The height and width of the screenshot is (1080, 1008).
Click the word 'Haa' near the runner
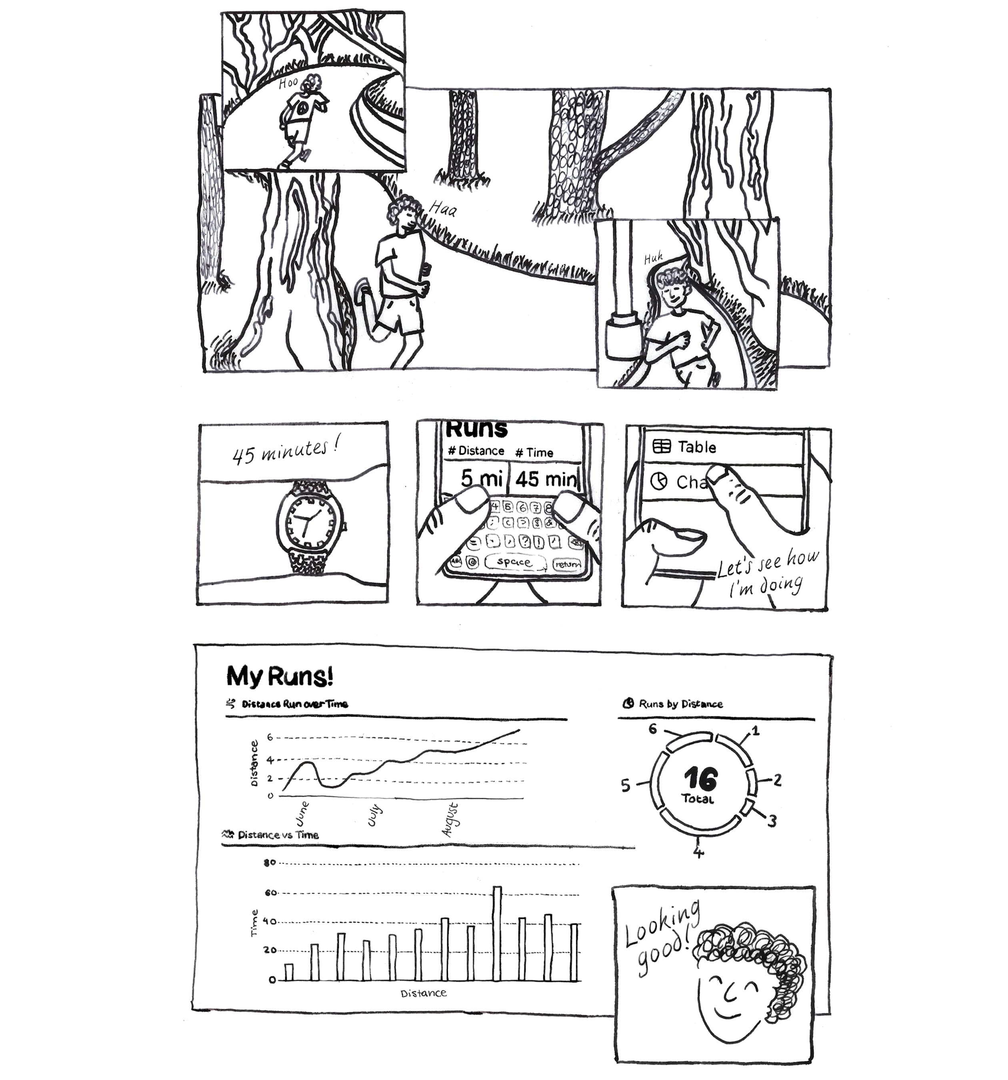(442, 209)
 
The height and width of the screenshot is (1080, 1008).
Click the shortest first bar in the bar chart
(288, 972)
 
